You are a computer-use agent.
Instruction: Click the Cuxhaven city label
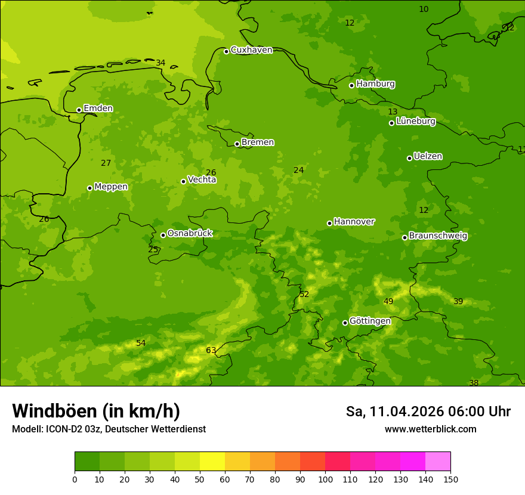(x=251, y=50)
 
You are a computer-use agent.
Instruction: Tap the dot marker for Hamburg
(x=352, y=85)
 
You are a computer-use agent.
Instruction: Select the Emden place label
(x=98, y=109)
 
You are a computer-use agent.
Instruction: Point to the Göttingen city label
(x=370, y=321)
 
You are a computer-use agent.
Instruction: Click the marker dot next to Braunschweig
(x=404, y=237)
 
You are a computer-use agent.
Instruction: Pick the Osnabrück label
(x=190, y=233)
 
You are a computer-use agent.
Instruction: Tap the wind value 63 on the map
(x=211, y=350)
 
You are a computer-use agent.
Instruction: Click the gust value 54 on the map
(x=141, y=343)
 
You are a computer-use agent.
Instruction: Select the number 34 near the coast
(x=160, y=63)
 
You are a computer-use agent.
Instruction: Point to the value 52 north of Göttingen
(x=304, y=294)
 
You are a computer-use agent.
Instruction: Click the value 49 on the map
(x=388, y=301)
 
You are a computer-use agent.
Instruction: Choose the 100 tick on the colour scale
(x=325, y=479)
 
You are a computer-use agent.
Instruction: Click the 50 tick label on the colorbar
(x=200, y=479)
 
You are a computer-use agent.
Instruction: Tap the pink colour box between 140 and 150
(x=438, y=461)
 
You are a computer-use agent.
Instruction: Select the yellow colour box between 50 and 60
(x=212, y=461)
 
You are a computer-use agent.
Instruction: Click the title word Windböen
(x=54, y=411)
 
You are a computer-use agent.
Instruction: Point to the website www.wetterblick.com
(x=430, y=429)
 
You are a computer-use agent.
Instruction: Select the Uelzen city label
(x=428, y=156)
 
